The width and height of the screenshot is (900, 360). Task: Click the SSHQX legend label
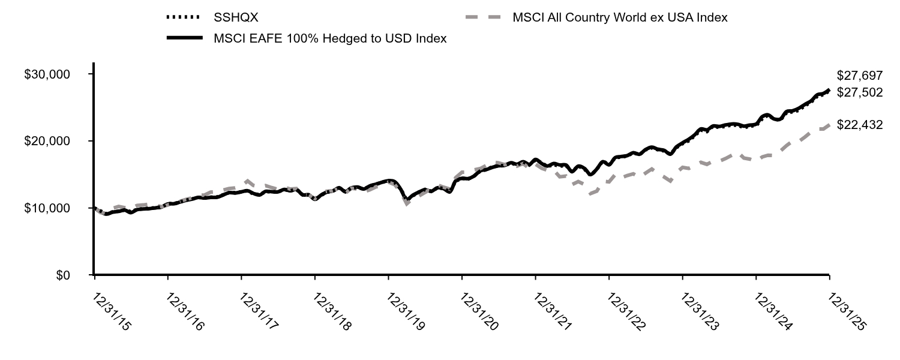[236, 18]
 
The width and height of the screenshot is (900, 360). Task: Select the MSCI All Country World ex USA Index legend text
[620, 18]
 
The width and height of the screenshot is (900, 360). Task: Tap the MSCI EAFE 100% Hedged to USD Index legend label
[330, 39]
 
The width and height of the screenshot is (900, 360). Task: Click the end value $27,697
[860, 76]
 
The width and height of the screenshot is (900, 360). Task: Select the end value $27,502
[860, 92]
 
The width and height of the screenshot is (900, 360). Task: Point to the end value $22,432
[860, 125]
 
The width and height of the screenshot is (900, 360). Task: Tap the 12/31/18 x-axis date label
[332, 311]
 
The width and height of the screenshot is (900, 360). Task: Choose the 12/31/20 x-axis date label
[479, 311]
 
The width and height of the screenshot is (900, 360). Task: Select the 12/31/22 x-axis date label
[626, 311]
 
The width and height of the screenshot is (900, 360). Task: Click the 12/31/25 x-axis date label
[846, 311]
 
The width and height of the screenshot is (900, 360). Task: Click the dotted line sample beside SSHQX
[184, 18]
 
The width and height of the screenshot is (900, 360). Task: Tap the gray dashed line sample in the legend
[484, 18]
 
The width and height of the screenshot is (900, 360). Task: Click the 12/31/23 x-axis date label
[700, 311]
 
